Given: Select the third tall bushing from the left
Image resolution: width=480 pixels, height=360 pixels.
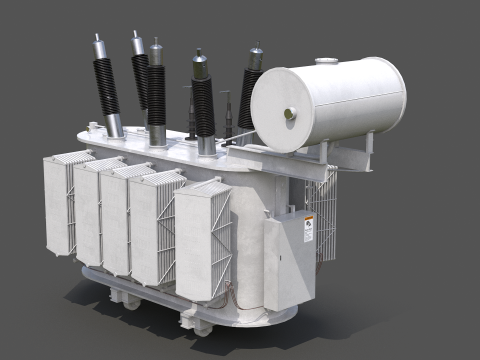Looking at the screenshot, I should [156, 90].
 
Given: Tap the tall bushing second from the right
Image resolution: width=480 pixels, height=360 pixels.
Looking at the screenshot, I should [203, 100].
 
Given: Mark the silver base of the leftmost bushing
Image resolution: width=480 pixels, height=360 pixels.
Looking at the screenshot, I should [114, 124].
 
